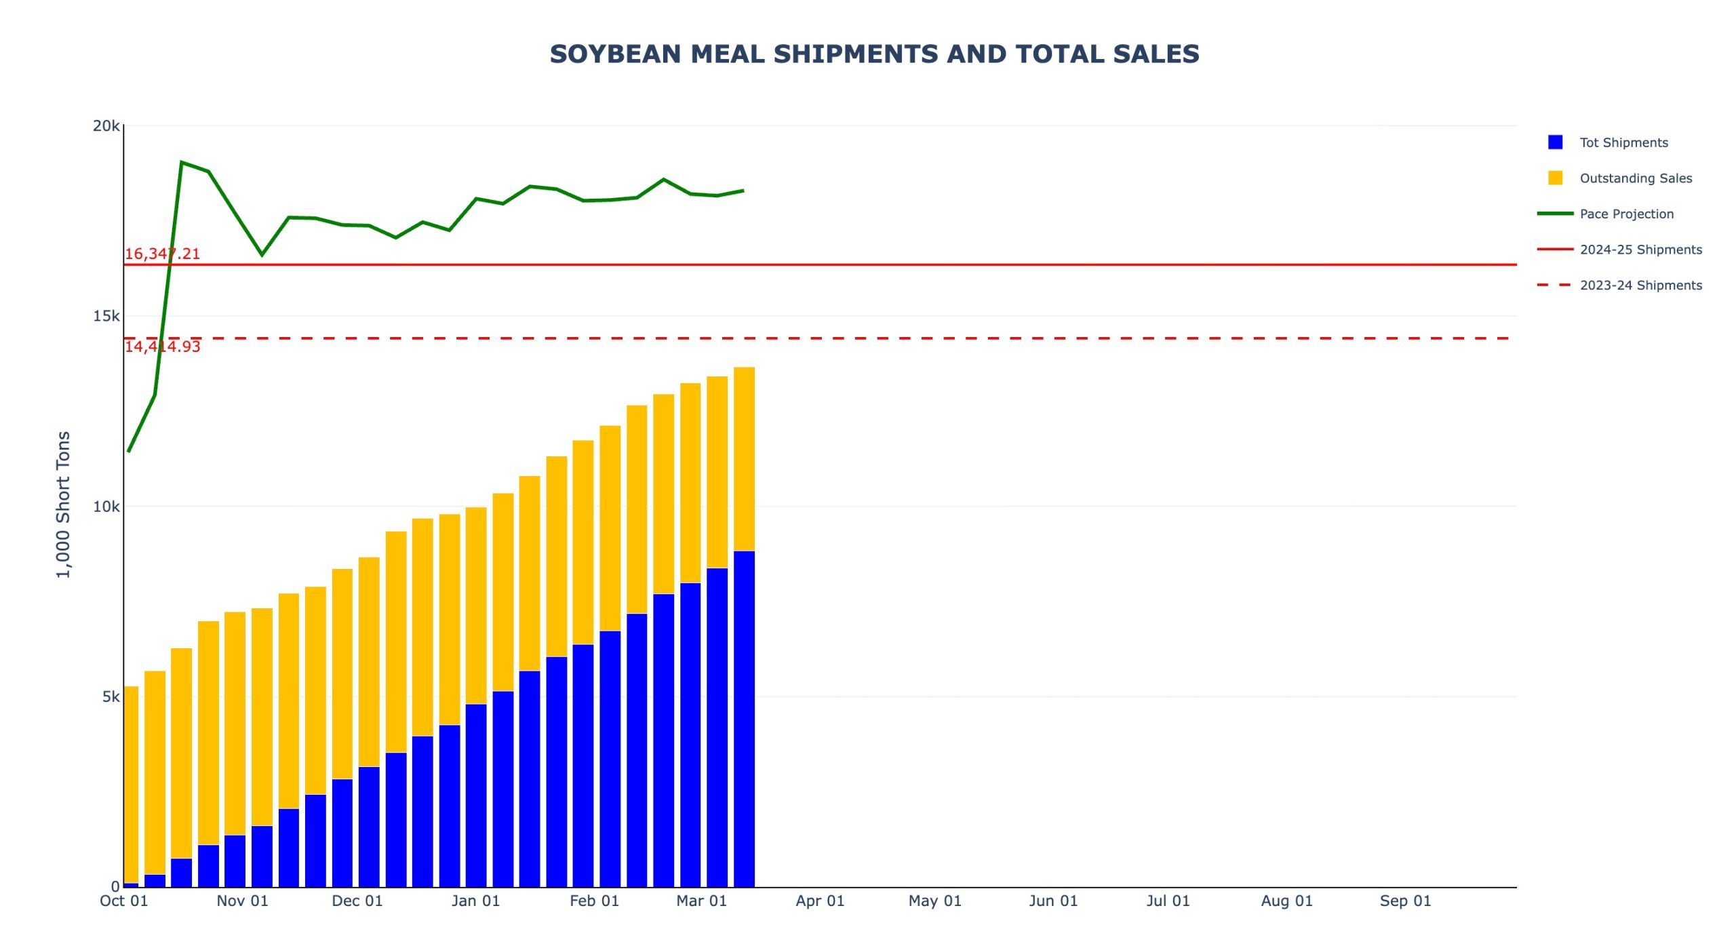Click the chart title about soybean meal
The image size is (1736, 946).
click(874, 54)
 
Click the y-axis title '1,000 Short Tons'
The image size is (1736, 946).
click(63, 505)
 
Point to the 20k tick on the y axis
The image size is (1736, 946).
click(106, 126)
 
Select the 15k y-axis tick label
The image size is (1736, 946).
click(106, 316)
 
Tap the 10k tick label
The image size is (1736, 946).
click(106, 507)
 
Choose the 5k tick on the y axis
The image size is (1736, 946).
click(111, 697)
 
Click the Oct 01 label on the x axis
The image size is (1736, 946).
click(123, 901)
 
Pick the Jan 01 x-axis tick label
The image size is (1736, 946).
click(475, 901)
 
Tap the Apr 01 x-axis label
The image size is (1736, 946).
click(820, 901)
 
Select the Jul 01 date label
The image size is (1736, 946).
click(1168, 901)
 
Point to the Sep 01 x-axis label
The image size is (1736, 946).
click(1405, 901)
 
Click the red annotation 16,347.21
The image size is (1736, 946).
click(162, 254)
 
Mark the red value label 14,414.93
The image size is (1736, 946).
click(162, 347)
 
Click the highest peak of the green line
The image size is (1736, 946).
click(182, 162)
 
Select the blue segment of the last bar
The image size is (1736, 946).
click(744, 719)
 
